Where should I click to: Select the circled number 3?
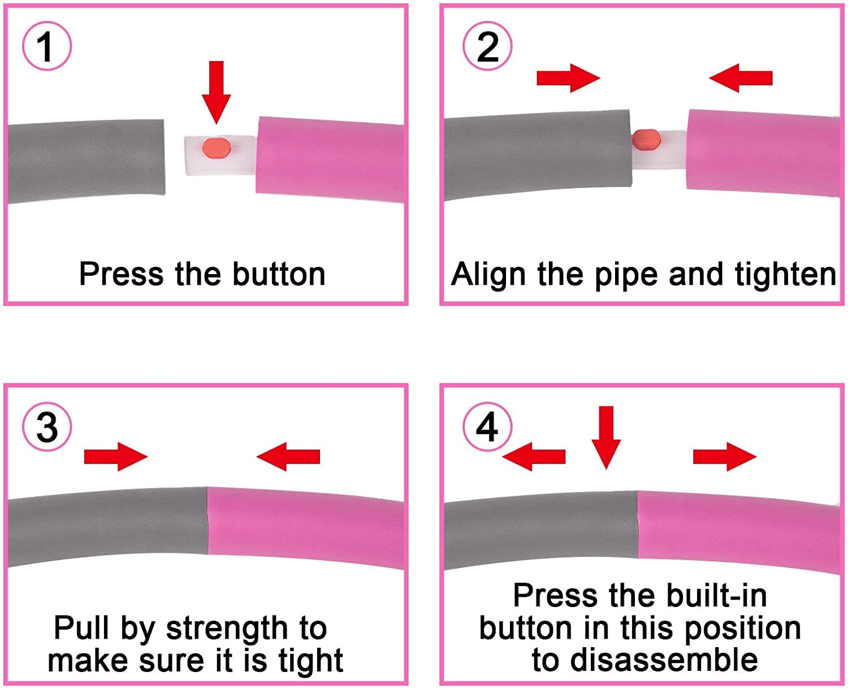47,427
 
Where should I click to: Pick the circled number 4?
487,427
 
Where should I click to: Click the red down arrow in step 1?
216,90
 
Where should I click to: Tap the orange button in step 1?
217,148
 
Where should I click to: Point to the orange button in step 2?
646,139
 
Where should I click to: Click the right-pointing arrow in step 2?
568,77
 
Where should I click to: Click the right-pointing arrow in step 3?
115,456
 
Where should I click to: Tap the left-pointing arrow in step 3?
288,456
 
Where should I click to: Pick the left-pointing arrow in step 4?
534,456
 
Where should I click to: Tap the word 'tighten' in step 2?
785,275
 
